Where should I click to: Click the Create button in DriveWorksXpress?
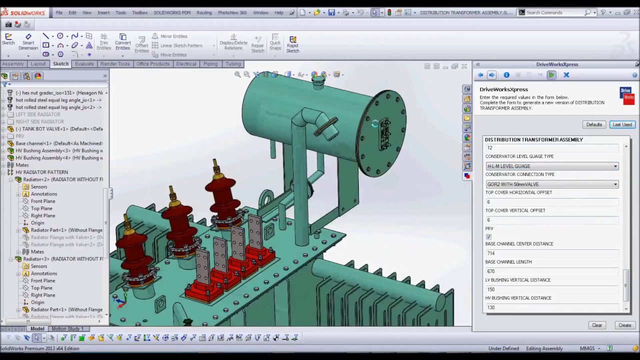coord(624,325)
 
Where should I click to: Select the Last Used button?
coord(622,124)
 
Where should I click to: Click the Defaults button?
coord(594,124)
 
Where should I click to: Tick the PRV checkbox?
coord(488,236)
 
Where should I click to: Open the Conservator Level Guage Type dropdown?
coord(615,166)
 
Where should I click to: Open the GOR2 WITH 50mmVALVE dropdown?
coord(615,184)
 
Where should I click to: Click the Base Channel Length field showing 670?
coord(550,271)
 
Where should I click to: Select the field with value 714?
coord(550,253)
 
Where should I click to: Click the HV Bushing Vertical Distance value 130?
coord(550,307)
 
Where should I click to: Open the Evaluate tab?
coord(84,64)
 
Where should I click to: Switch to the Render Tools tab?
coord(115,64)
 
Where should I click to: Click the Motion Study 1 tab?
coord(67,328)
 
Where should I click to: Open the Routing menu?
coord(204,12)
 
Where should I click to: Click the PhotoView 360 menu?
coord(232,12)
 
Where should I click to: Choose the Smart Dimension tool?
coord(28,42)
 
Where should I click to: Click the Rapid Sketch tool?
coord(292,43)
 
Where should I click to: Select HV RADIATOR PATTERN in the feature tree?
coord(41,172)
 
